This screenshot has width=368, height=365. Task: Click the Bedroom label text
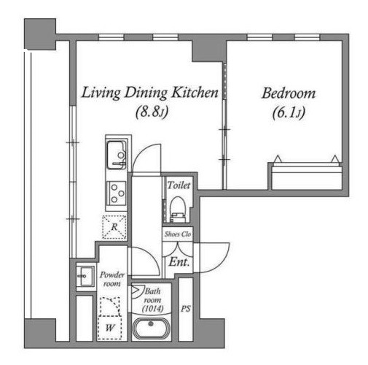pos(289,93)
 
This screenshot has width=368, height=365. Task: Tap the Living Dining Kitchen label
pos(149,93)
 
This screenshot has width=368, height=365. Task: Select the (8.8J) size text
pos(152,112)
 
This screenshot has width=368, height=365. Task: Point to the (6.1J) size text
pos(289,112)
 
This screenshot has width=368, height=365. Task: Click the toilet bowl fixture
pos(178,210)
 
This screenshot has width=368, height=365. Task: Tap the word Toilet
pos(179,185)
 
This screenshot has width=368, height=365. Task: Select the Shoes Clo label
pos(178,234)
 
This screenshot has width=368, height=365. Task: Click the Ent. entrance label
pos(179,262)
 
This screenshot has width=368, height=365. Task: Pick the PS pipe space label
pos(186,309)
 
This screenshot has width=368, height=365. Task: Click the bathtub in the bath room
pos(151,328)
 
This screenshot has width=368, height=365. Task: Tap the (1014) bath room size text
pos(152,309)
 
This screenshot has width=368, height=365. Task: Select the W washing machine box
pos(109,328)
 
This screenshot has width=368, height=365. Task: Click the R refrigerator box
pos(114,227)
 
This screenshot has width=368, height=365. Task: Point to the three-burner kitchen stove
pos(117,193)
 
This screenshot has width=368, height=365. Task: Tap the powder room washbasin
pos(85,277)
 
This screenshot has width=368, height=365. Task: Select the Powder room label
pos(111,279)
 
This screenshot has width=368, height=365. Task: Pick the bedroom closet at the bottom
pos(307,176)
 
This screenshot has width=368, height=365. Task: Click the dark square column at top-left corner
pos(40,34)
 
